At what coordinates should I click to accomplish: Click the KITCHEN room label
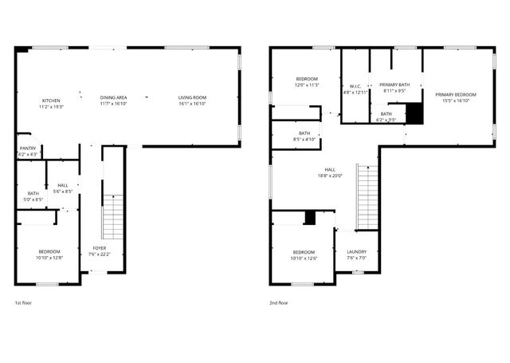pyautogui.click(x=51, y=100)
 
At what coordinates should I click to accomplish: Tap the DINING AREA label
pyautogui.click(x=114, y=97)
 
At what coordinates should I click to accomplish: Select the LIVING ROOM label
pyautogui.click(x=192, y=97)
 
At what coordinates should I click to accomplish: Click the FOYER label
pyautogui.click(x=100, y=249)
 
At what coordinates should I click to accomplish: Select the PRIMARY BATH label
pyautogui.click(x=394, y=85)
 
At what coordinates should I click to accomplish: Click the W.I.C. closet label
pyautogui.click(x=355, y=86)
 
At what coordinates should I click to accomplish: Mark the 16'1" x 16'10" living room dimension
pyautogui.click(x=192, y=104)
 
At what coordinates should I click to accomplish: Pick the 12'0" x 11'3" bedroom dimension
pyautogui.click(x=308, y=85)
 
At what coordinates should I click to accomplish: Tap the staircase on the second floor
pyautogui.click(x=367, y=197)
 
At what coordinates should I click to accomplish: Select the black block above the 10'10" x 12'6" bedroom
pyautogui.click(x=311, y=218)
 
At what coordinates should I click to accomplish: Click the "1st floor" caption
pyautogui.click(x=23, y=303)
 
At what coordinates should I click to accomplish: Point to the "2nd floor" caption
pyautogui.click(x=279, y=303)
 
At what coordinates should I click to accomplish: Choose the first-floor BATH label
pyautogui.click(x=33, y=192)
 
